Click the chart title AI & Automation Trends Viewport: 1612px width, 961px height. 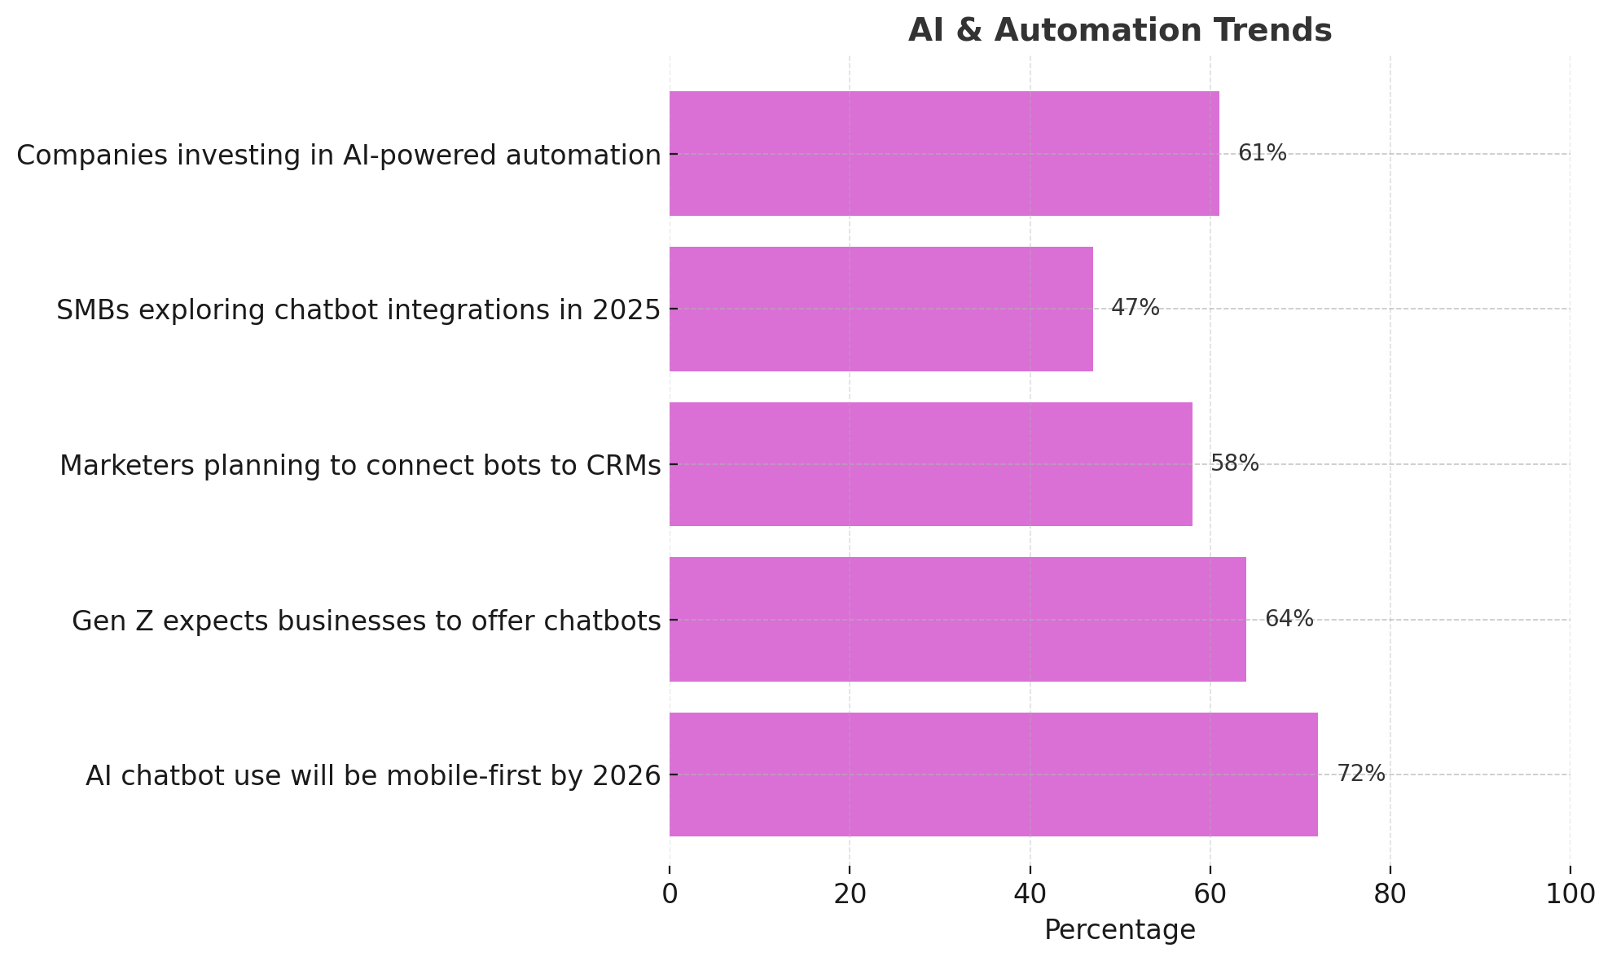click(x=1119, y=30)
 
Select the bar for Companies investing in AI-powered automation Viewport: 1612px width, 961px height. click(x=943, y=154)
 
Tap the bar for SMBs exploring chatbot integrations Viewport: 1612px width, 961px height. click(x=881, y=309)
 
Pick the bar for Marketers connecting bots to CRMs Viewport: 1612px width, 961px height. click(x=930, y=464)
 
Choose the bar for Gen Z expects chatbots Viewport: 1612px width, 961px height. click(x=957, y=620)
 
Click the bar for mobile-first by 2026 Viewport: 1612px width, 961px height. click(x=993, y=775)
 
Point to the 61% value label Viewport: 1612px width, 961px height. click(x=1262, y=153)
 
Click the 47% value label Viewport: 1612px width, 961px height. click(x=1135, y=308)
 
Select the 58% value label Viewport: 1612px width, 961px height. click(x=1234, y=463)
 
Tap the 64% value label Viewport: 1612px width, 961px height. click(x=1289, y=619)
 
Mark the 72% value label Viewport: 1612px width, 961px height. click(x=1360, y=774)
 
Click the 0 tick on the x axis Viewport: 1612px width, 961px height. click(x=670, y=894)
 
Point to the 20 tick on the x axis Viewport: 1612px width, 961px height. click(x=850, y=894)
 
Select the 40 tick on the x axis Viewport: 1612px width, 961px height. click(x=1030, y=894)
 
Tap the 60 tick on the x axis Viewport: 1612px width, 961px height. click(x=1210, y=894)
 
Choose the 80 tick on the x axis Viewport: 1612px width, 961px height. click(x=1390, y=894)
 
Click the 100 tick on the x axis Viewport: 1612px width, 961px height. click(x=1570, y=894)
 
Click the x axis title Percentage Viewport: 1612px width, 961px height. click(x=1119, y=930)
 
